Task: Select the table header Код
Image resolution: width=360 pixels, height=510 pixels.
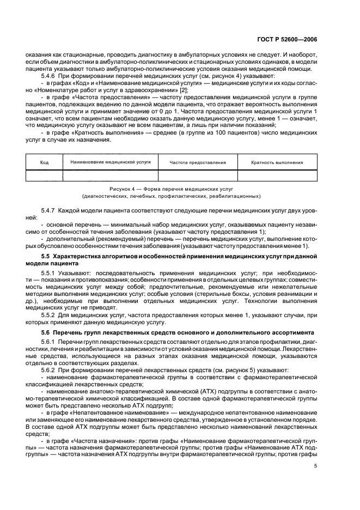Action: pyautogui.click(x=45, y=162)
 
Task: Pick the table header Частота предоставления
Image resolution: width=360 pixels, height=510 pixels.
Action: pyautogui.click(x=197, y=162)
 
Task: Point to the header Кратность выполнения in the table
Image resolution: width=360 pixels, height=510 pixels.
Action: pyautogui.click(x=277, y=162)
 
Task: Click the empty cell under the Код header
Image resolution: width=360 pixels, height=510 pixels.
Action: pyautogui.click(x=45, y=175)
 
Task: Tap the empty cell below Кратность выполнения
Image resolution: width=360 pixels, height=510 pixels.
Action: pyautogui.click(x=277, y=175)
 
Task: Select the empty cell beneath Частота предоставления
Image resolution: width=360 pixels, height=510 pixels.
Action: pyautogui.click(x=197, y=175)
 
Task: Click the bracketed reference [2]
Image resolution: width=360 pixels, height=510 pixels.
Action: pyautogui.click(x=185, y=89)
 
